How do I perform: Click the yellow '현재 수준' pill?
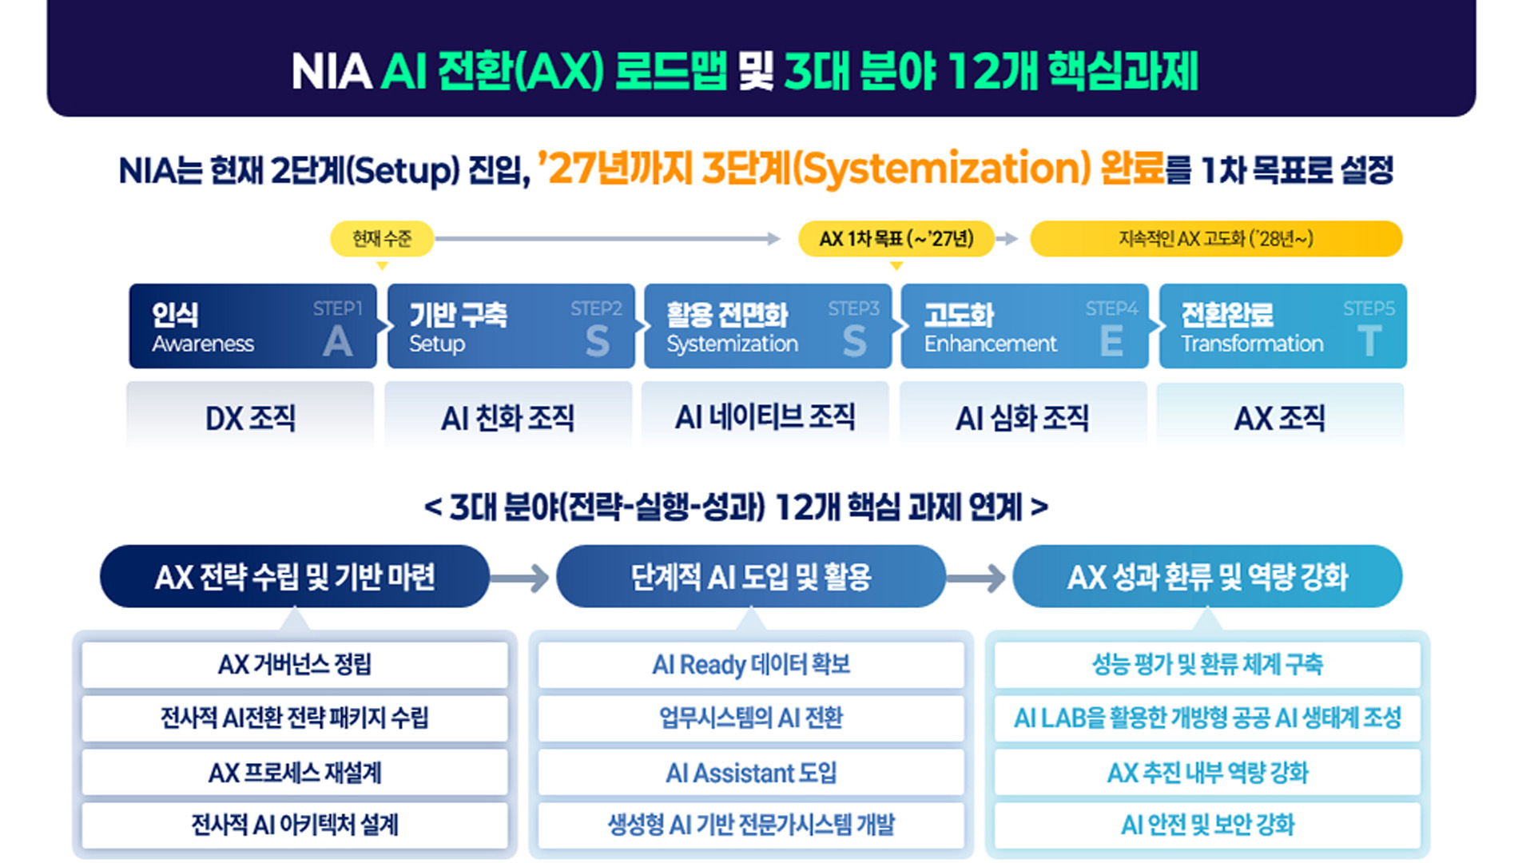382,239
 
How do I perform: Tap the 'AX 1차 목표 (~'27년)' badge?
896,239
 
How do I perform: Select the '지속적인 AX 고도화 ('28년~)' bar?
1216,239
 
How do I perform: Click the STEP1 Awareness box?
252,326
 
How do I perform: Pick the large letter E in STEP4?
1111,342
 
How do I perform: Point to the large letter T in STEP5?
1369,342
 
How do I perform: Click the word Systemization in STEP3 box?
733,344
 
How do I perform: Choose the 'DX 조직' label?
250,418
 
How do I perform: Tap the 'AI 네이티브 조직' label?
765,417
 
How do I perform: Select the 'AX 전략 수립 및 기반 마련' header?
295,576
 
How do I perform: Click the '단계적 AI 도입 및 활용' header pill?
751,576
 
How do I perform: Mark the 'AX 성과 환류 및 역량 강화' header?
1207,576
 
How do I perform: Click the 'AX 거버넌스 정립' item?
295,665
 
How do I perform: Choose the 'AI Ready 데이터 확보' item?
751,665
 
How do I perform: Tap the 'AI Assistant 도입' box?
751,773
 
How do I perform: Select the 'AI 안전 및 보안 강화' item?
1207,825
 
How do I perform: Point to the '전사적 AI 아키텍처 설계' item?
295,825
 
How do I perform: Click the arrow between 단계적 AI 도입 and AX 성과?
976,577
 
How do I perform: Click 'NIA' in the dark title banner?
332,72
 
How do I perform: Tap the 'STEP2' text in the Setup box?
596,308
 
